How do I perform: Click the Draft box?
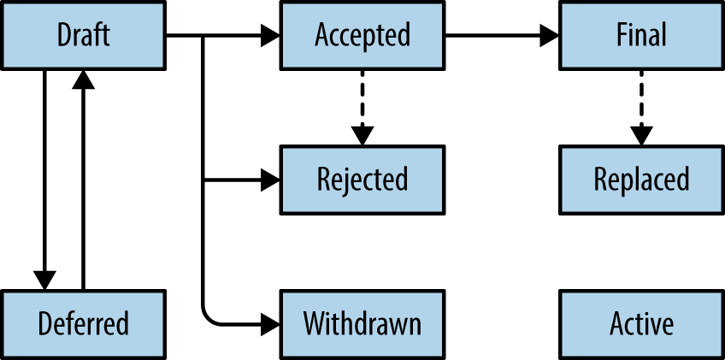[83, 35]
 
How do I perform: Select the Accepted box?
[362, 35]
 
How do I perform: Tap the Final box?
[641, 35]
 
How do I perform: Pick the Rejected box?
[362, 180]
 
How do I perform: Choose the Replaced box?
[641, 180]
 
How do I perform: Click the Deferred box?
[83, 324]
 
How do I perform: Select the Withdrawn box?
[362, 324]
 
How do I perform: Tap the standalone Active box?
[641, 324]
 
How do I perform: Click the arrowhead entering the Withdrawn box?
[272, 324]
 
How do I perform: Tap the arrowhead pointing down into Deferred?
[44, 280]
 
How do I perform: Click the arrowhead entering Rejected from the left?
[272, 180]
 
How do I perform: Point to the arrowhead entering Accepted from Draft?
[272, 36]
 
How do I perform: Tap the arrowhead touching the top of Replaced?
[641, 135]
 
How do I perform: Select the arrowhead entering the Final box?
[551, 36]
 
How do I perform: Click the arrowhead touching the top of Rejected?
[362, 135]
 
